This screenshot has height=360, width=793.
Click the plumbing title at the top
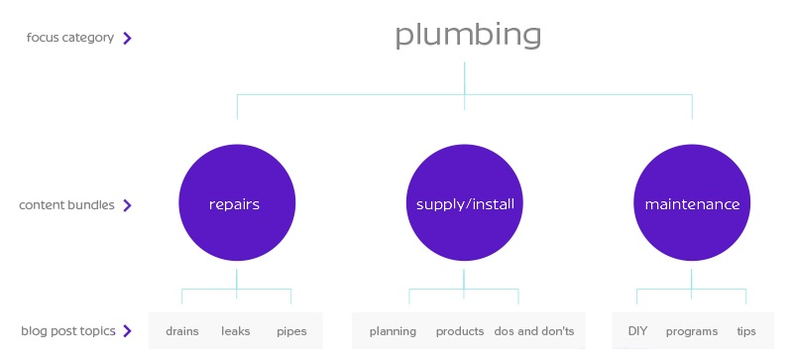point(468,35)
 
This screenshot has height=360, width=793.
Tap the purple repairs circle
point(236,204)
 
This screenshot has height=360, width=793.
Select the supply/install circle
point(464,204)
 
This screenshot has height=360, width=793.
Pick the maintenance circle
point(692,204)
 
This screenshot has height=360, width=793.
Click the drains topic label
point(182,331)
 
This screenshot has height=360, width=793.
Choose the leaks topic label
point(236,331)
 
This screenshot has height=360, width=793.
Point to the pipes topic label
point(291,331)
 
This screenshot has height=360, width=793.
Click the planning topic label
point(393,331)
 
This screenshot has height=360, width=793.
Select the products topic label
point(460,331)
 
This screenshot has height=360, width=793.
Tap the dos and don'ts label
point(533,331)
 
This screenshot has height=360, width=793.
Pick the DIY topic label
point(637,331)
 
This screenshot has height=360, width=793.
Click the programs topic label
point(691,331)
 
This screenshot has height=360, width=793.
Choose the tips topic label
point(745,331)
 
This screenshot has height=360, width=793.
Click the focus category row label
point(70,38)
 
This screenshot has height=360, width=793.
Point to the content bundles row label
point(66,205)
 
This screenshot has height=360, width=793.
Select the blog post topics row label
point(67,330)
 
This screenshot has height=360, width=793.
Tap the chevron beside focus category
point(128,39)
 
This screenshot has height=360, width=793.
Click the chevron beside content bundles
point(128,206)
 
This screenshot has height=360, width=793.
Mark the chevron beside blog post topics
point(128,331)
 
